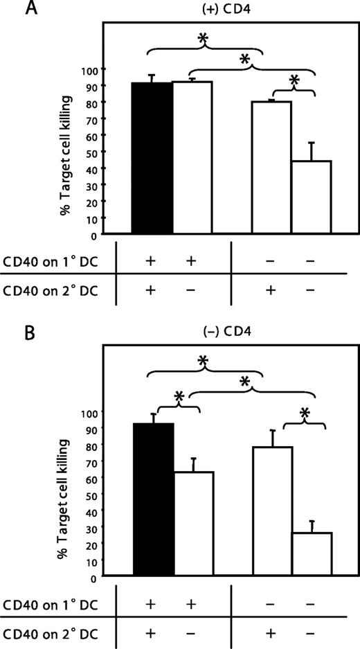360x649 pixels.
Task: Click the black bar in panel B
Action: point(154,499)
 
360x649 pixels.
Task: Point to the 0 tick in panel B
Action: point(94,576)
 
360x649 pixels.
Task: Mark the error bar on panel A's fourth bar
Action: point(312,151)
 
